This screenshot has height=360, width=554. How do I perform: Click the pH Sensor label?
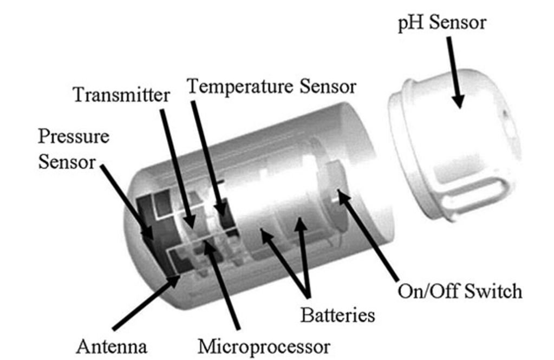click(442, 23)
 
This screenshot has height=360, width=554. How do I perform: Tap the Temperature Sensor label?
click(271, 87)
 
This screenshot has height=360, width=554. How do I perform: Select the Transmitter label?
click(121, 95)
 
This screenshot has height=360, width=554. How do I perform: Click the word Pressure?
click(74, 136)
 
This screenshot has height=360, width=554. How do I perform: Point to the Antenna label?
click(112, 346)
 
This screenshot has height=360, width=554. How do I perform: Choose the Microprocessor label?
click(264, 346)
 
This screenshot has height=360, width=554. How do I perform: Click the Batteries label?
click(337, 315)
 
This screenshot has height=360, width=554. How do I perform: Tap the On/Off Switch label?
click(460, 291)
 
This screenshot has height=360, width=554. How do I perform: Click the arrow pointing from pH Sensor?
click(454, 73)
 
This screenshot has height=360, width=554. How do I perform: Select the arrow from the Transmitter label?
click(178, 168)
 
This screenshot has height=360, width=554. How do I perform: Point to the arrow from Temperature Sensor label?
click(209, 158)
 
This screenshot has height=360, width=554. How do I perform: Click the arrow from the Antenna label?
click(146, 303)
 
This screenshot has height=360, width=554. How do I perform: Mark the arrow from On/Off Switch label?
click(368, 235)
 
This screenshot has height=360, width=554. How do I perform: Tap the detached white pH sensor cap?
click(454, 145)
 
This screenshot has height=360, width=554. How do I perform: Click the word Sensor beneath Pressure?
click(67, 162)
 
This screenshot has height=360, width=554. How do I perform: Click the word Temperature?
click(240, 87)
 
